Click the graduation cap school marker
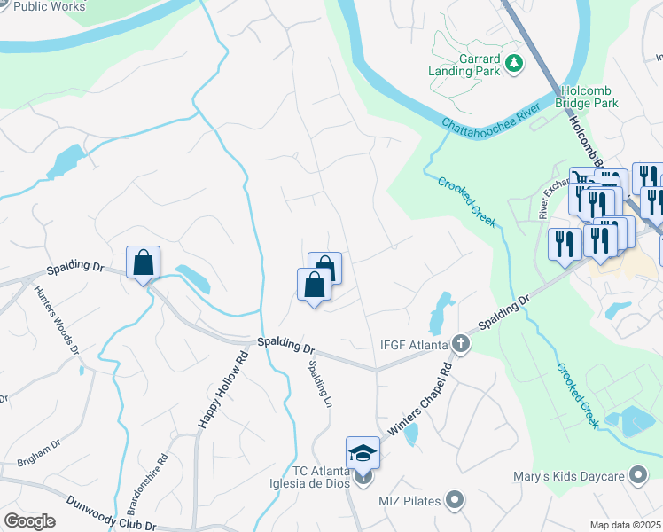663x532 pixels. click(363, 454)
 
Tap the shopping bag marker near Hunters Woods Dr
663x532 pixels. click(143, 263)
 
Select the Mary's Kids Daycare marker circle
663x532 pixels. click(636, 476)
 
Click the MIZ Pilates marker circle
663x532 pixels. click(455, 501)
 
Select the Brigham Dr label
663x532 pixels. click(38, 453)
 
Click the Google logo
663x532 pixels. click(29, 521)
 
